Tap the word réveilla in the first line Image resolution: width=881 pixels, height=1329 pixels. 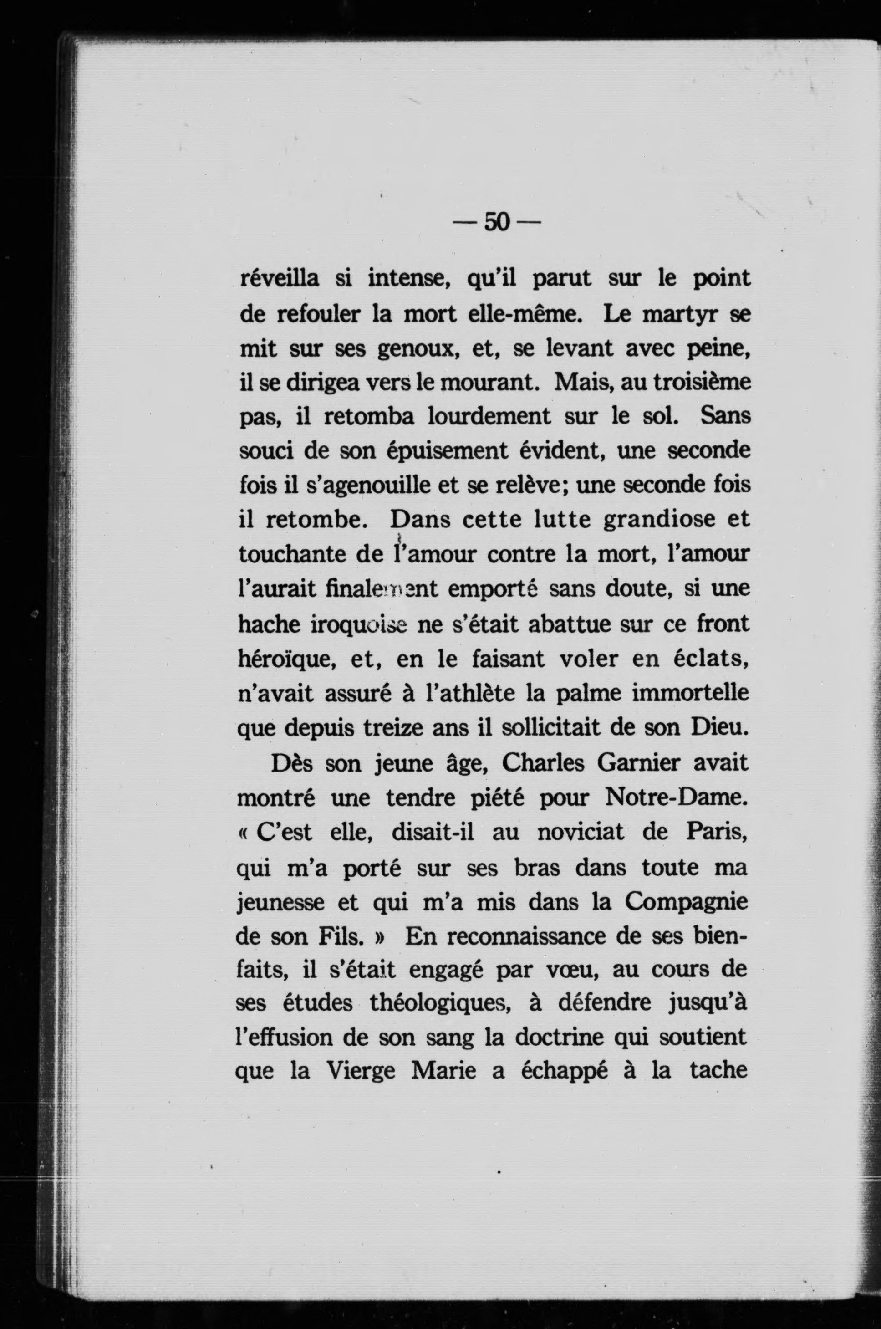(279, 279)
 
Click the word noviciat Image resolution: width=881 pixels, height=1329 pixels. (581, 832)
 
